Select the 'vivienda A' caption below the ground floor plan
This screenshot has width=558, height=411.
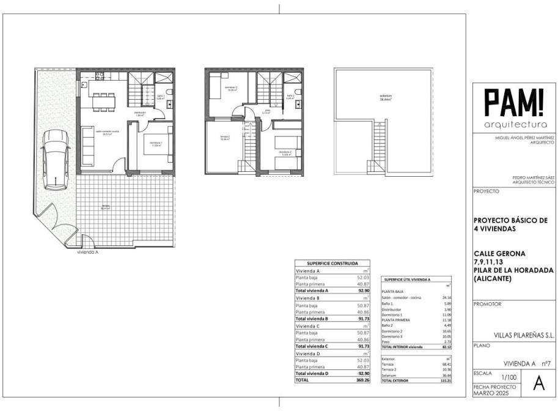click(x=88, y=251)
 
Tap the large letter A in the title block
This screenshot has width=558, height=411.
click(x=538, y=383)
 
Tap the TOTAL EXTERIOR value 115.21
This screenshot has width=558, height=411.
click(x=443, y=380)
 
